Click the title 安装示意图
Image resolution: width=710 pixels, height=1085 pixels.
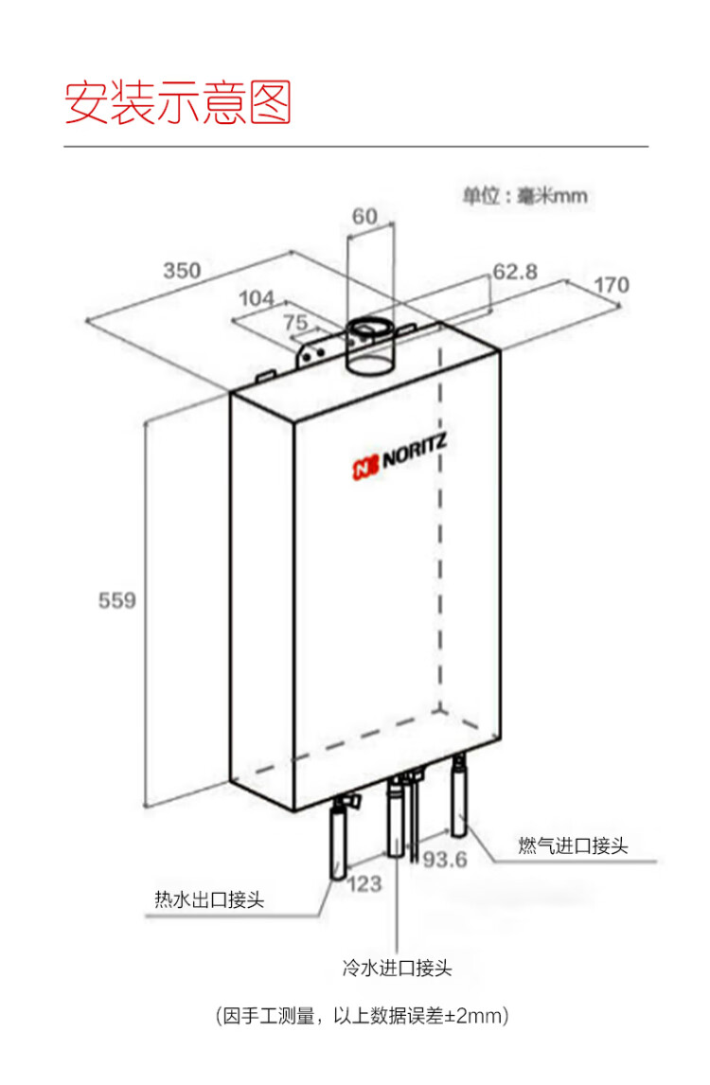pyautogui.click(x=178, y=102)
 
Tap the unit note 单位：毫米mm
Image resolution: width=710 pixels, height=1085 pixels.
pyautogui.click(x=525, y=196)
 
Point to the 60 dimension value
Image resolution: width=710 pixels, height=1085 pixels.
pyautogui.click(x=364, y=216)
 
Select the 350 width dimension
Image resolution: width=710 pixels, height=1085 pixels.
pyautogui.click(x=182, y=270)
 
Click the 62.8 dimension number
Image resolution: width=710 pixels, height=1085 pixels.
pyautogui.click(x=515, y=271)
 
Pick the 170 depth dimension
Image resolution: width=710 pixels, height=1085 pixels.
pyautogui.click(x=611, y=284)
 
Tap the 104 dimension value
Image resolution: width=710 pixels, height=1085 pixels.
pyautogui.click(x=256, y=298)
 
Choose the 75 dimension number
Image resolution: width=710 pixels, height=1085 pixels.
pyautogui.click(x=295, y=322)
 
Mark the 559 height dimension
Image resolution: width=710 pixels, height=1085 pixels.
pyautogui.click(x=117, y=600)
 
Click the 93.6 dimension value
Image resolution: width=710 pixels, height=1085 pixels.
pyautogui.click(x=445, y=860)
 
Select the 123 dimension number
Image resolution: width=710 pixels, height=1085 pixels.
pyautogui.click(x=364, y=883)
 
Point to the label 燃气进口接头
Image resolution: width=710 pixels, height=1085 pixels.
pyautogui.click(x=573, y=845)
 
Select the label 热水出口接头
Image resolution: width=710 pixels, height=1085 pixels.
pyautogui.click(x=209, y=899)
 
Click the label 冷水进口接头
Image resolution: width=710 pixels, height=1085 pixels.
pyautogui.click(x=397, y=968)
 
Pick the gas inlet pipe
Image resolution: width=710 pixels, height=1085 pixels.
pyautogui.click(x=459, y=796)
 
